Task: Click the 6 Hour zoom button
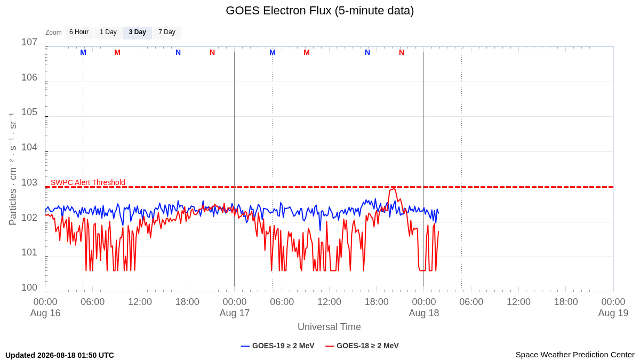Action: click(x=79, y=33)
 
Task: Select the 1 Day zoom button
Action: click(x=108, y=33)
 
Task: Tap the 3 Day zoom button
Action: click(x=138, y=33)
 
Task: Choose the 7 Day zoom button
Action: click(x=167, y=33)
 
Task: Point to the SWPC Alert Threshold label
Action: click(x=88, y=182)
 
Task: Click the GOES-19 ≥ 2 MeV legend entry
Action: click(x=278, y=346)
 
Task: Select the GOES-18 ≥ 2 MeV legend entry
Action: click(x=362, y=346)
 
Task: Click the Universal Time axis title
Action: click(x=329, y=327)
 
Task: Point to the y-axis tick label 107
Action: click(x=29, y=42)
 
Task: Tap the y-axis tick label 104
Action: click(x=29, y=147)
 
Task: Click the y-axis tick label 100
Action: click(x=29, y=287)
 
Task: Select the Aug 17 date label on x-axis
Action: click(x=235, y=313)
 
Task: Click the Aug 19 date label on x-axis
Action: click(x=613, y=313)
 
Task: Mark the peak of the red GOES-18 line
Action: click(x=394, y=189)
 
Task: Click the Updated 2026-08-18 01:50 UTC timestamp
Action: click(x=60, y=355)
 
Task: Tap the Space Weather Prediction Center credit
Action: click(x=575, y=355)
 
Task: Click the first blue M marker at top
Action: click(x=83, y=53)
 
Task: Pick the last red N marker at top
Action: click(x=402, y=53)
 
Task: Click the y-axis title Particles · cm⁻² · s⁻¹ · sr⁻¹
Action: click(x=13, y=169)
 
